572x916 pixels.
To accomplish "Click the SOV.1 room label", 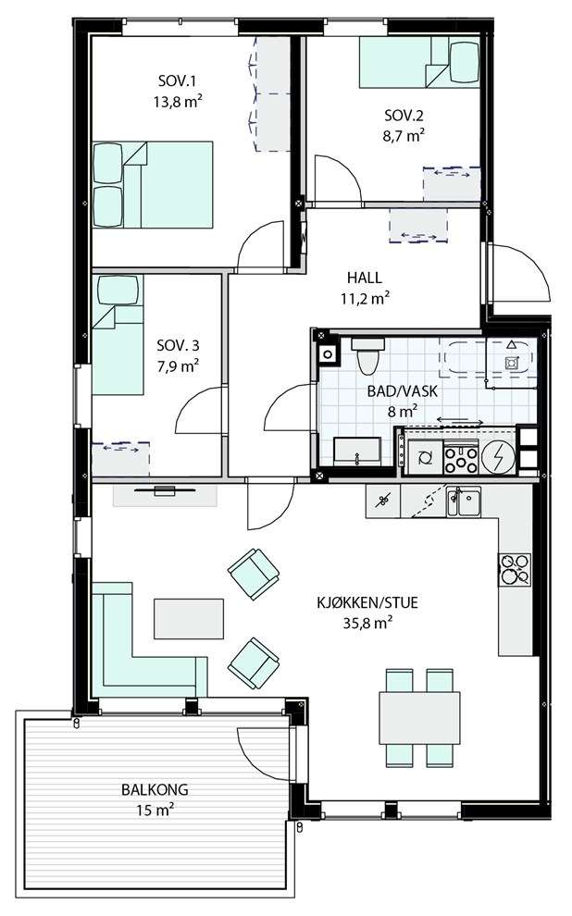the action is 178,80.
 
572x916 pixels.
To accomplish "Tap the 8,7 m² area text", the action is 404,136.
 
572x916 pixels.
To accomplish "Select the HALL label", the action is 365,278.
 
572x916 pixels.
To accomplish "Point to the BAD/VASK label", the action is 402,391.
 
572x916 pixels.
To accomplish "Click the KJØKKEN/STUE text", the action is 367,603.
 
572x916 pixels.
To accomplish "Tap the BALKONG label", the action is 155,790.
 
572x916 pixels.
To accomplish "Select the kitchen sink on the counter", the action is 464,501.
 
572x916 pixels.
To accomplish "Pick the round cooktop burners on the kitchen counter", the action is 515,570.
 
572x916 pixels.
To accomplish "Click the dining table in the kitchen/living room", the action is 419,718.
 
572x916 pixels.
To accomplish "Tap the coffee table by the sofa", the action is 189,619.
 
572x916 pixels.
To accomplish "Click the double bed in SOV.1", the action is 153,185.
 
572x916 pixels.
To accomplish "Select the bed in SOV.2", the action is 419,62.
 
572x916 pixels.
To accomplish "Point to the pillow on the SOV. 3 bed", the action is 118,290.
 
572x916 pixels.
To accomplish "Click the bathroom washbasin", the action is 357,451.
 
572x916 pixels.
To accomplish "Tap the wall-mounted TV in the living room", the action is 165,489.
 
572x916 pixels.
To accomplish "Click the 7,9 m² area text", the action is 179,367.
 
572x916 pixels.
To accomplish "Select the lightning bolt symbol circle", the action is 498,455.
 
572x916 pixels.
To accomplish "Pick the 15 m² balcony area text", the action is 155,811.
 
